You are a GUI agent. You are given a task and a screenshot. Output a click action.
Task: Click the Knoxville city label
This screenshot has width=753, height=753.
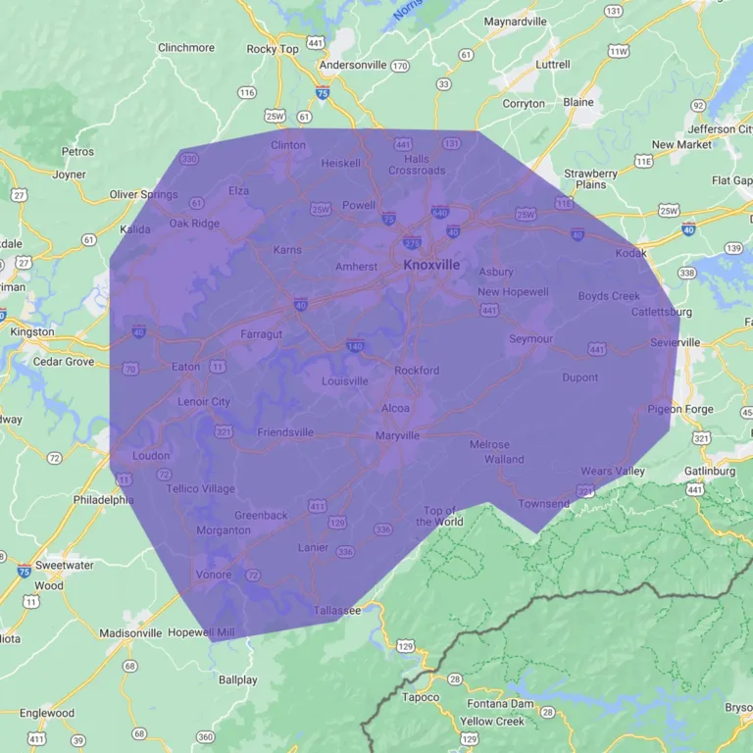coord(431,265)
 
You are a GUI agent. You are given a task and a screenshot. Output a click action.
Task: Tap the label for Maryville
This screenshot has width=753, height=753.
coord(397,435)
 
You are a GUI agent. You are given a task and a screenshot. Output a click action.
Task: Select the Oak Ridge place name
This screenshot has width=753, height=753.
coord(194,223)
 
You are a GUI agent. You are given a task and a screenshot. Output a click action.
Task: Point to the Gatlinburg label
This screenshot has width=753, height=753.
coord(710,471)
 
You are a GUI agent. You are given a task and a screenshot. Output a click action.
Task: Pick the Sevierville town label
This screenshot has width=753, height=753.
coord(676,342)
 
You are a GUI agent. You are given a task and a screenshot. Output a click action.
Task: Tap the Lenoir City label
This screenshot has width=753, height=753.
coord(204,402)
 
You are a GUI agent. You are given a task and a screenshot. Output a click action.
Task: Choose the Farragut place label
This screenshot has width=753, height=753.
coord(261,334)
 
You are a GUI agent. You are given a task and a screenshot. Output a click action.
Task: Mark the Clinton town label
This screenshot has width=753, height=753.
coord(288,145)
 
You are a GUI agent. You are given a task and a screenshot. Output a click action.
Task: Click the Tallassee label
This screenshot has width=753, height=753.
coord(337,610)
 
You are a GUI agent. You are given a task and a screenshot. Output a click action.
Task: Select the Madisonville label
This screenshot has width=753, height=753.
coord(130,633)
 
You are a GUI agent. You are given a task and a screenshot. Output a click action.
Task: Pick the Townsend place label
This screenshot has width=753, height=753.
coord(544,504)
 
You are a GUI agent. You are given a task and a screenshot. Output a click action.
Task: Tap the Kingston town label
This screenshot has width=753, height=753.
coord(31,332)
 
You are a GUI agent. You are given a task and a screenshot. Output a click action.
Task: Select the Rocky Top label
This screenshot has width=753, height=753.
coord(273,49)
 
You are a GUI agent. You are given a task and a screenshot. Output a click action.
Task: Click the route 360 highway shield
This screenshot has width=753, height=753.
coord(205,736)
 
